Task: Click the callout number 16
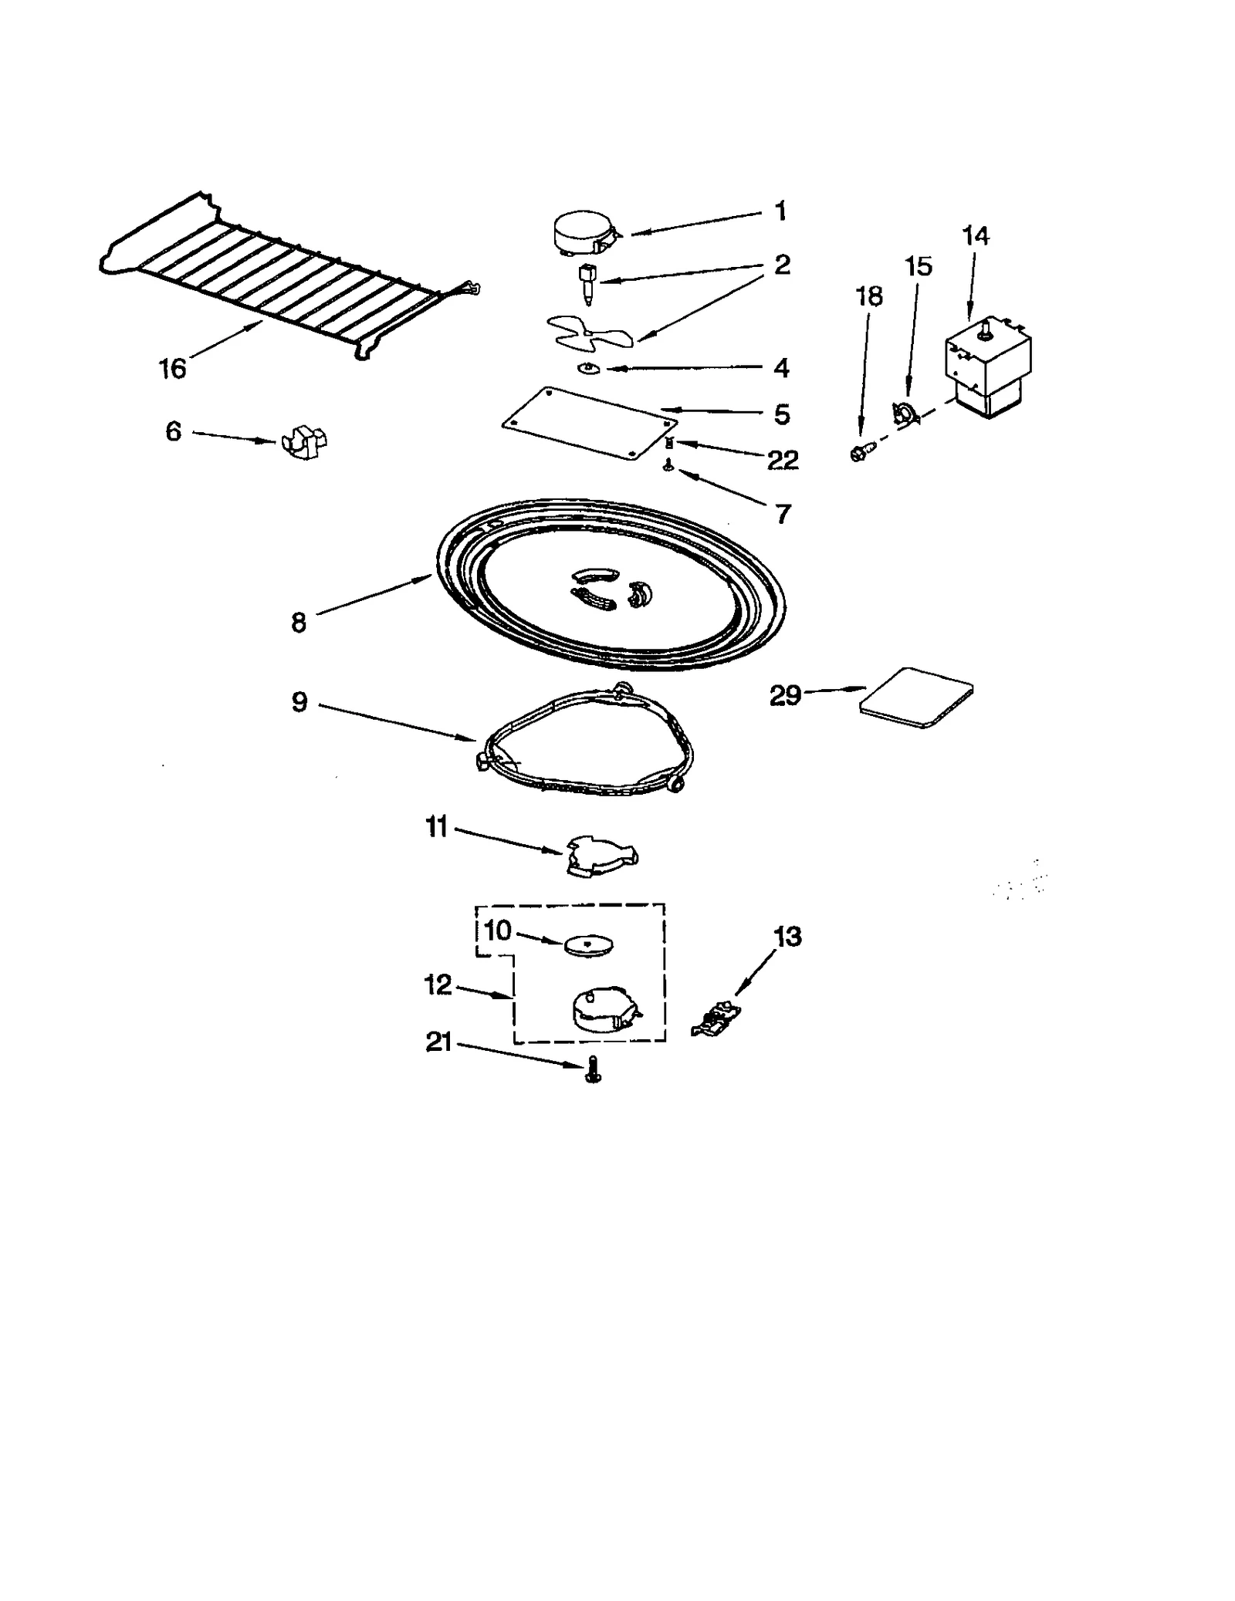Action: tap(173, 369)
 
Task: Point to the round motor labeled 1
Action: tap(584, 235)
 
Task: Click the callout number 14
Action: tap(976, 236)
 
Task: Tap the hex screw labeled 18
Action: tap(861, 451)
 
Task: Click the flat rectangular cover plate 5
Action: tap(588, 423)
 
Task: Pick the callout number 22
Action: tap(782, 460)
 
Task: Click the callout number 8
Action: tap(299, 622)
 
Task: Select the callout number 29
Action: tap(786, 696)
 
